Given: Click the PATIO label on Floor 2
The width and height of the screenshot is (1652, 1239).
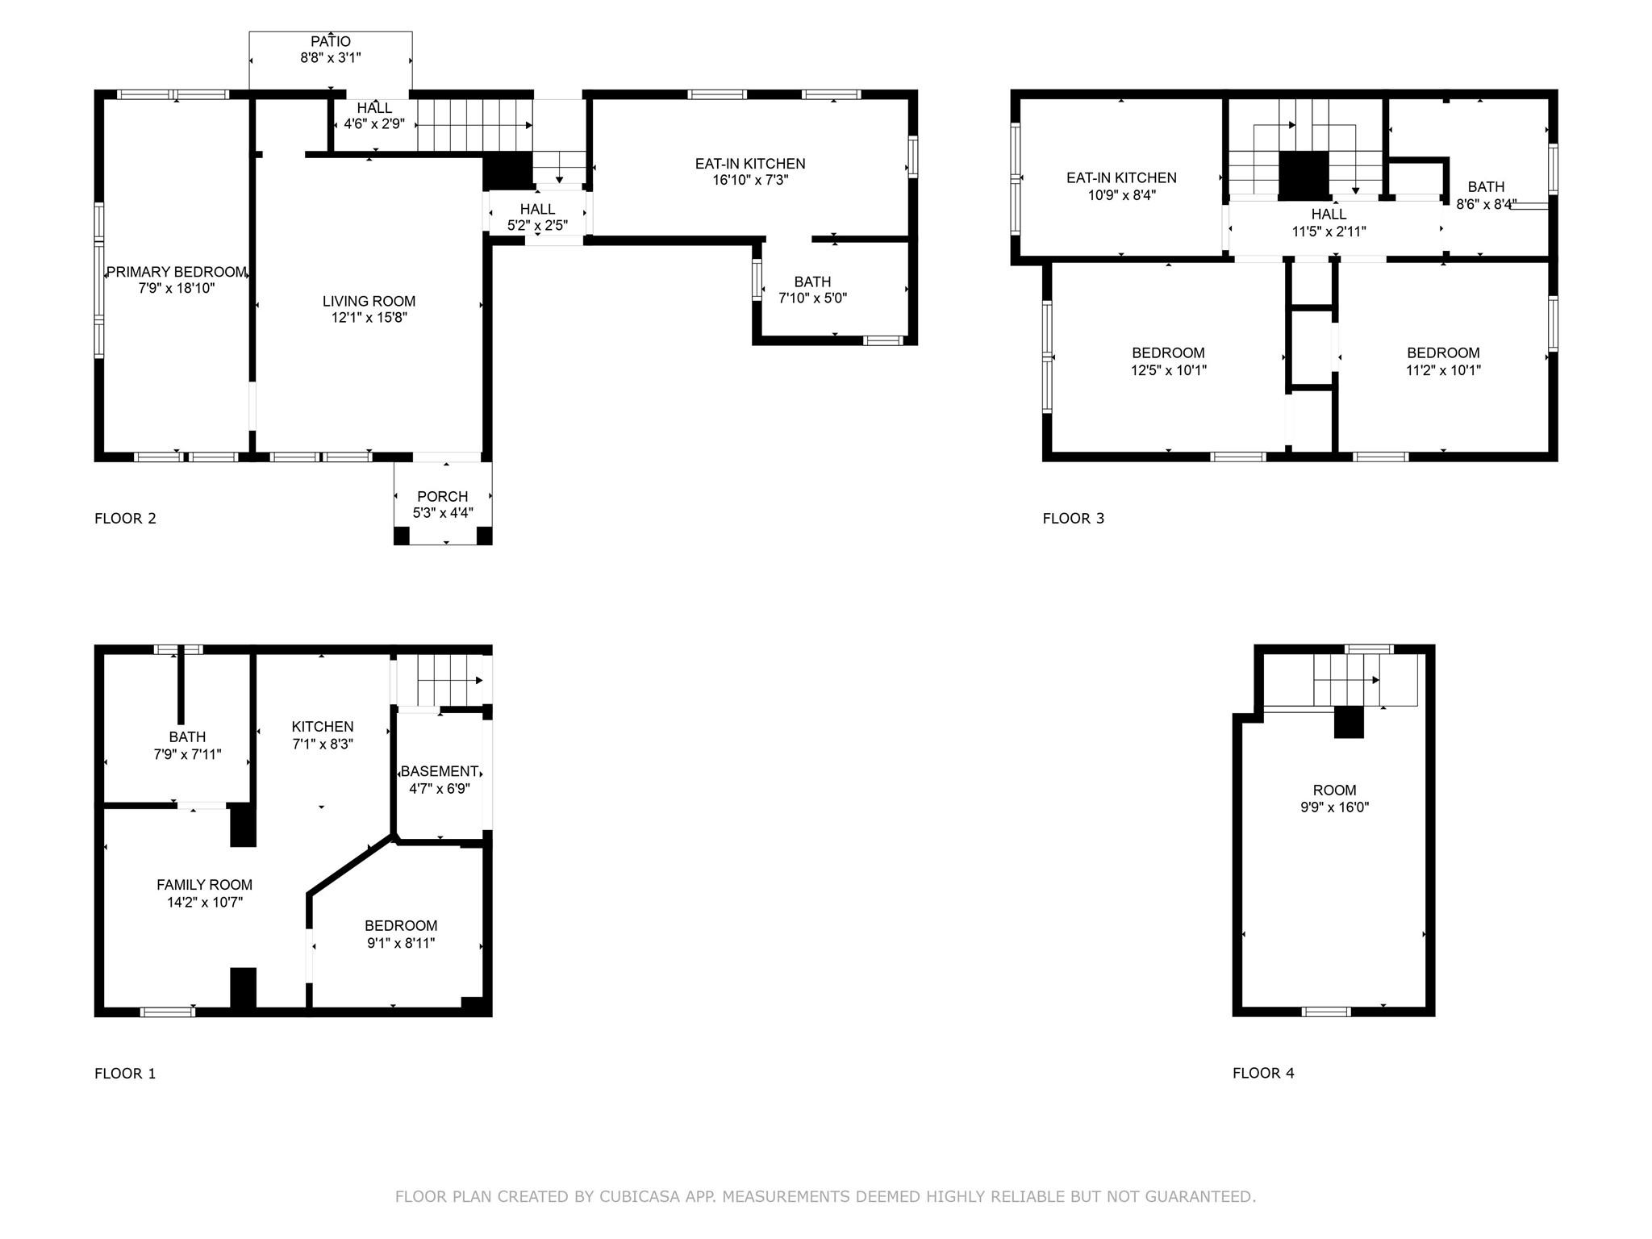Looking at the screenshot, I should [331, 41].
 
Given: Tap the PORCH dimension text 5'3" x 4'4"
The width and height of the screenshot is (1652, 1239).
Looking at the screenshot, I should [443, 512].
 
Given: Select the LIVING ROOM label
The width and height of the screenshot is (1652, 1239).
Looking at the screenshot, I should [369, 301].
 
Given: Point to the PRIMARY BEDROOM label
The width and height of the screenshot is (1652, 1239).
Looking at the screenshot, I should [177, 272].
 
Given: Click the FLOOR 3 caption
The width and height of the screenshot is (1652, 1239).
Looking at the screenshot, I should [1073, 519].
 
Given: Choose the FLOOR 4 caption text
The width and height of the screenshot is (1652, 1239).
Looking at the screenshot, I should [1263, 1073].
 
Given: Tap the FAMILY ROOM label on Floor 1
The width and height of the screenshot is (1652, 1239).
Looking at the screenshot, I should [204, 885].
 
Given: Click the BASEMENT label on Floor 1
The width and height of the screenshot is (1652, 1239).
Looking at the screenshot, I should [440, 771].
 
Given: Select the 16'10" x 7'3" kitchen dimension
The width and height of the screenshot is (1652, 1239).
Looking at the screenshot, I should [750, 180].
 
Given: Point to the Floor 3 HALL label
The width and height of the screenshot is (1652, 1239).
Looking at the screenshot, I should [1329, 214].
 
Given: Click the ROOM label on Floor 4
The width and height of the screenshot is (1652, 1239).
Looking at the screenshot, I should [1334, 790].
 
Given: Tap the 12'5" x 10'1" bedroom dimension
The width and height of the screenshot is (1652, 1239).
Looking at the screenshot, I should [1168, 370].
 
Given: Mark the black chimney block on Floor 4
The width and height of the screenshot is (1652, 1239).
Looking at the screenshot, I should [1348, 721].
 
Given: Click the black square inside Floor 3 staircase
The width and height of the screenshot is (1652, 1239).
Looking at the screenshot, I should [1304, 173].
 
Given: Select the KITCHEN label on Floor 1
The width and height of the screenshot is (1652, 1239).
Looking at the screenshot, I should [323, 727].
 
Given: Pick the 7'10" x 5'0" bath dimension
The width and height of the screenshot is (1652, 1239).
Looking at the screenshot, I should [812, 298].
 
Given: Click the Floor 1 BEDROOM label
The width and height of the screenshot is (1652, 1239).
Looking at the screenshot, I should [401, 925].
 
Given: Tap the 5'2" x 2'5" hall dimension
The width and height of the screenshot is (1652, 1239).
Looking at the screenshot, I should [537, 226].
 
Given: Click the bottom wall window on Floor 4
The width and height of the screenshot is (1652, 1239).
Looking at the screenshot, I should [1326, 1012].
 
